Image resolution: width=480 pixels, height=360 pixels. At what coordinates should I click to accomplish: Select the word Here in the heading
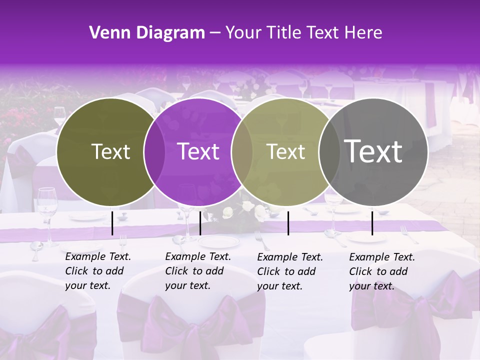pyautogui.click(x=363, y=33)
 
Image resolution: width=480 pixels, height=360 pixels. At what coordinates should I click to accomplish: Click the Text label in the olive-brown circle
pyautogui.click(x=110, y=151)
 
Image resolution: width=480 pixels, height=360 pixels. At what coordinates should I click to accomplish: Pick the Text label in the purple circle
pyautogui.click(x=198, y=151)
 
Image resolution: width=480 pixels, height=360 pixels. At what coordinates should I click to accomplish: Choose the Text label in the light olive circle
pyautogui.click(x=286, y=151)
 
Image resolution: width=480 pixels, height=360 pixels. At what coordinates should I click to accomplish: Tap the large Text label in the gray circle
pyautogui.click(x=373, y=151)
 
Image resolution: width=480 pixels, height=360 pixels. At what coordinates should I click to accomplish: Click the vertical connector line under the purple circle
pyautogui.click(x=200, y=223)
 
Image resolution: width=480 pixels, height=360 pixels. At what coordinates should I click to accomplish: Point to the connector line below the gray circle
pyautogui.click(x=372, y=223)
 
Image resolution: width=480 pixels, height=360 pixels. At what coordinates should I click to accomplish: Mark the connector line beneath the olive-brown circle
pyautogui.click(x=112, y=223)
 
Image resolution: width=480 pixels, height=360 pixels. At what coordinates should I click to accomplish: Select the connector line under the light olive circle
pyautogui.click(x=288, y=223)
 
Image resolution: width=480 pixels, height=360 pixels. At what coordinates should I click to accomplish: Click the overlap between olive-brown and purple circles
pyautogui.click(x=154, y=152)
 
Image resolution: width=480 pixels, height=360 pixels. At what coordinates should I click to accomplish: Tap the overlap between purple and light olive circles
pyautogui.click(x=242, y=152)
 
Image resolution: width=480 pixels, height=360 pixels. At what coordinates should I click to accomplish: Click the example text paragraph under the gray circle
pyautogui.click(x=381, y=271)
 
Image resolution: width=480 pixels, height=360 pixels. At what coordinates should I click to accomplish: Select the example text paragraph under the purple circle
pyautogui.click(x=197, y=271)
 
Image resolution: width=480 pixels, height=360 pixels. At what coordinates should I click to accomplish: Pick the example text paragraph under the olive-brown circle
pyautogui.click(x=97, y=271)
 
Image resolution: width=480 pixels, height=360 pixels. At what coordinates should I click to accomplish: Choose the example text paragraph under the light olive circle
pyautogui.click(x=289, y=271)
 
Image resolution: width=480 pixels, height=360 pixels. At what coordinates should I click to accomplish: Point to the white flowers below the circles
pyautogui.click(x=247, y=210)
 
